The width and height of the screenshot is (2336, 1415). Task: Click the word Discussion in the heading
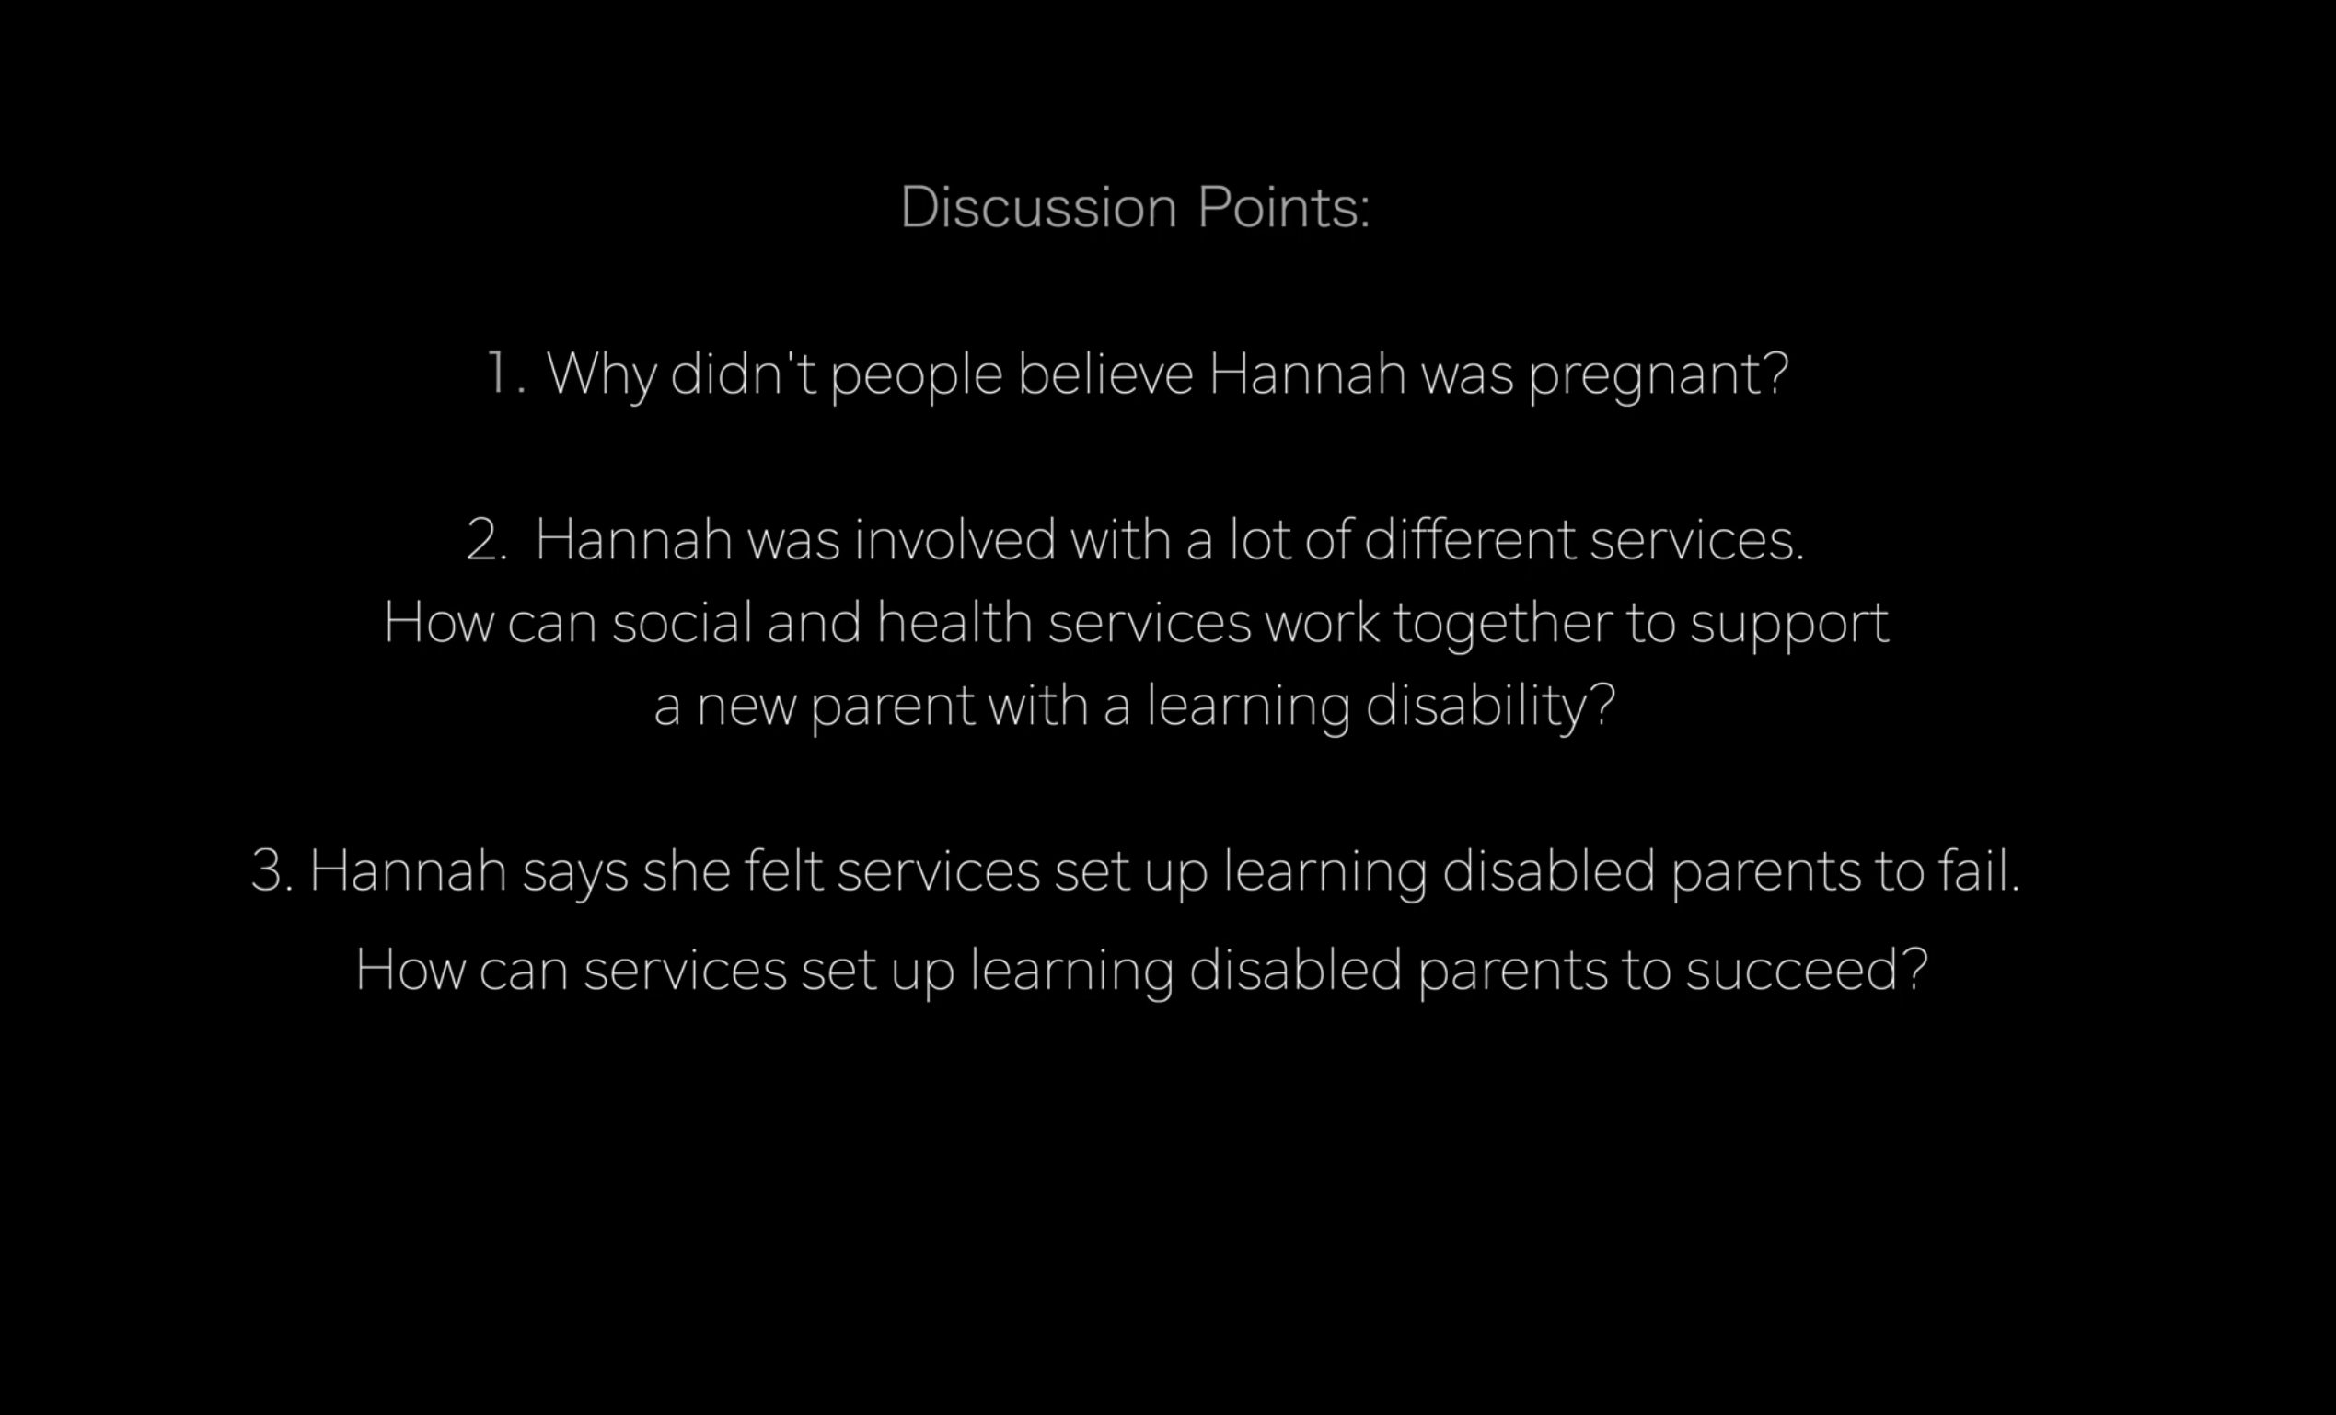coord(1038,207)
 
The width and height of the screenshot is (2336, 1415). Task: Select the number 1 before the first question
coord(498,373)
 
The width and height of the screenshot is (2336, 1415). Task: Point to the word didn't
coord(744,373)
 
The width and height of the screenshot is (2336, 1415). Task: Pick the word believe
coord(1105,373)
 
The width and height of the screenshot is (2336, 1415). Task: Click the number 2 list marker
coord(485,539)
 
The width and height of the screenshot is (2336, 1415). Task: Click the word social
coord(682,622)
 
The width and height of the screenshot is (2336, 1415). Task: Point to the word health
coord(954,622)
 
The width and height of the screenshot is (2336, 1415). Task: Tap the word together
coord(1503,626)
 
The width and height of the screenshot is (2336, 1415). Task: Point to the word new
coord(746,710)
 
